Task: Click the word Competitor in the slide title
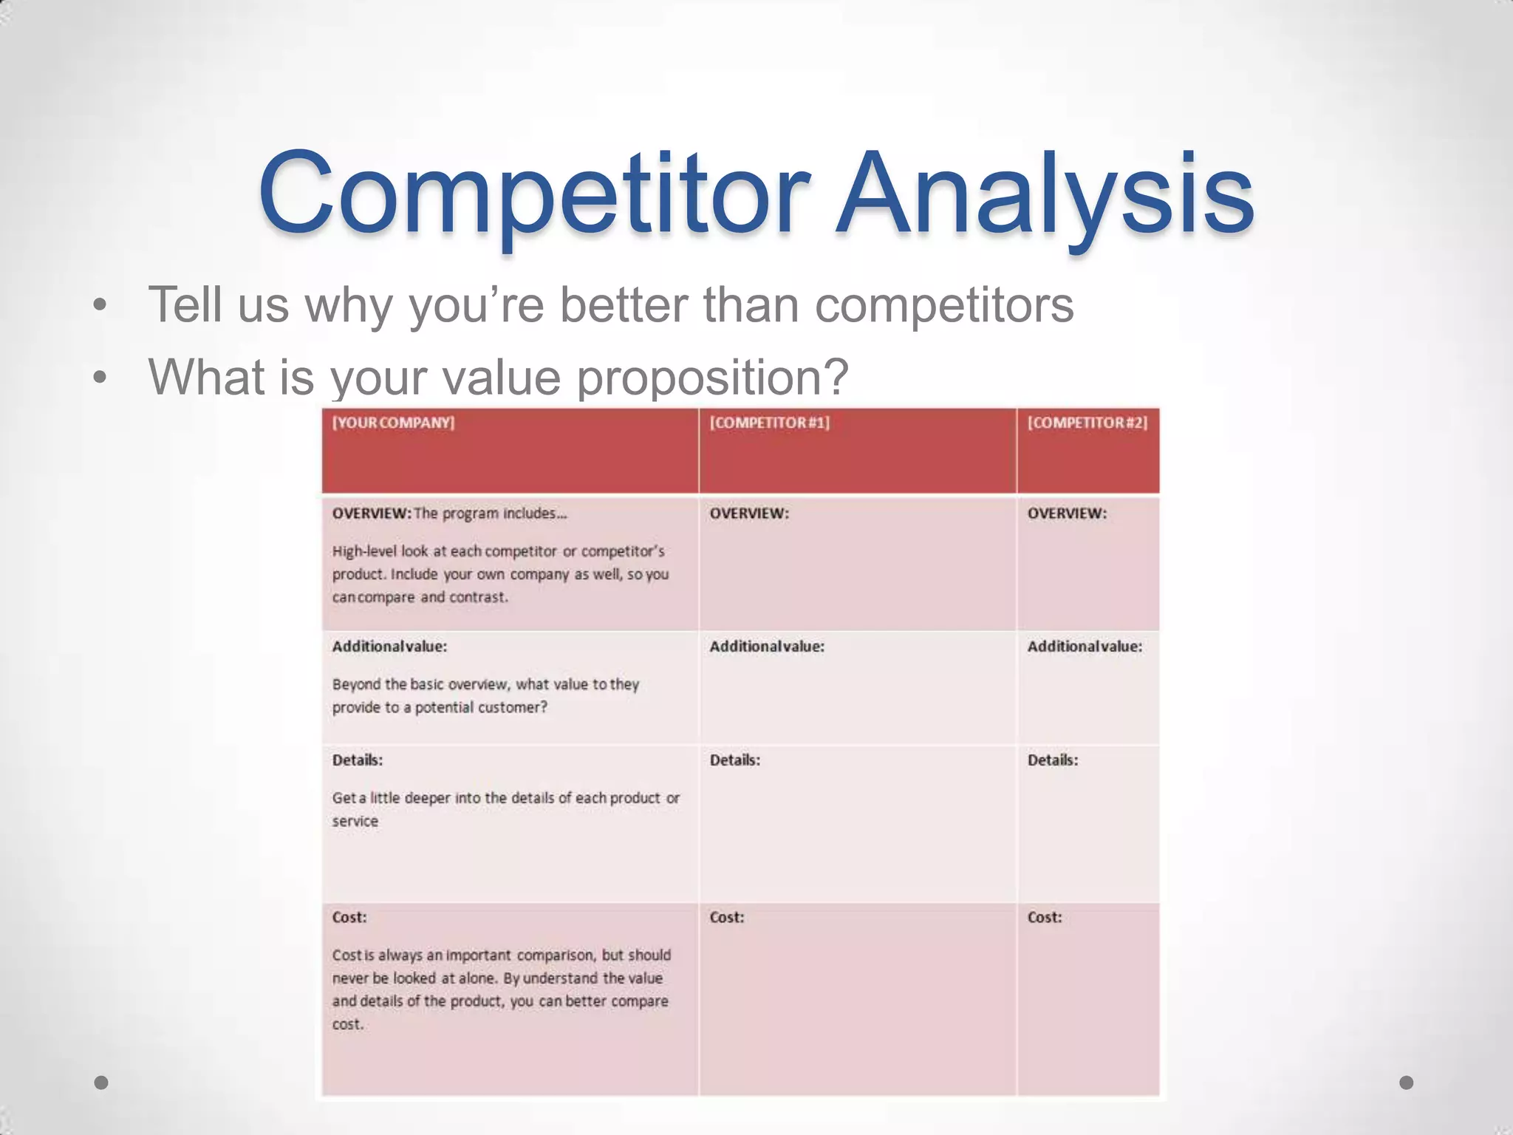[533, 194]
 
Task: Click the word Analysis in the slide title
[1045, 194]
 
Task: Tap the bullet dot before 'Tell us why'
[100, 305]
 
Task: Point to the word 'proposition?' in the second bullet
[712, 378]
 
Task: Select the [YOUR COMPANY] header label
[393, 423]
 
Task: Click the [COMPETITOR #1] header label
[769, 423]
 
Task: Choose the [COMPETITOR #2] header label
[1087, 423]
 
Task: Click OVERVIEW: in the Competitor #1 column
[748, 514]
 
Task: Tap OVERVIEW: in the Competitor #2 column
[1066, 514]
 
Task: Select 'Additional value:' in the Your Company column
[389, 647]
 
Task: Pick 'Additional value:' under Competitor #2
[1084, 647]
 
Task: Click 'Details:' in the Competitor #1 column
[734, 760]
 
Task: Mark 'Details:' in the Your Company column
[357, 760]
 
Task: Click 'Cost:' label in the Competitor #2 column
[1044, 918]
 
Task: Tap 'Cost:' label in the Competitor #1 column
[726, 918]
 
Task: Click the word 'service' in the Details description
[355, 822]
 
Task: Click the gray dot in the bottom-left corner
[101, 1083]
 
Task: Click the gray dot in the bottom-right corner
[1407, 1083]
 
